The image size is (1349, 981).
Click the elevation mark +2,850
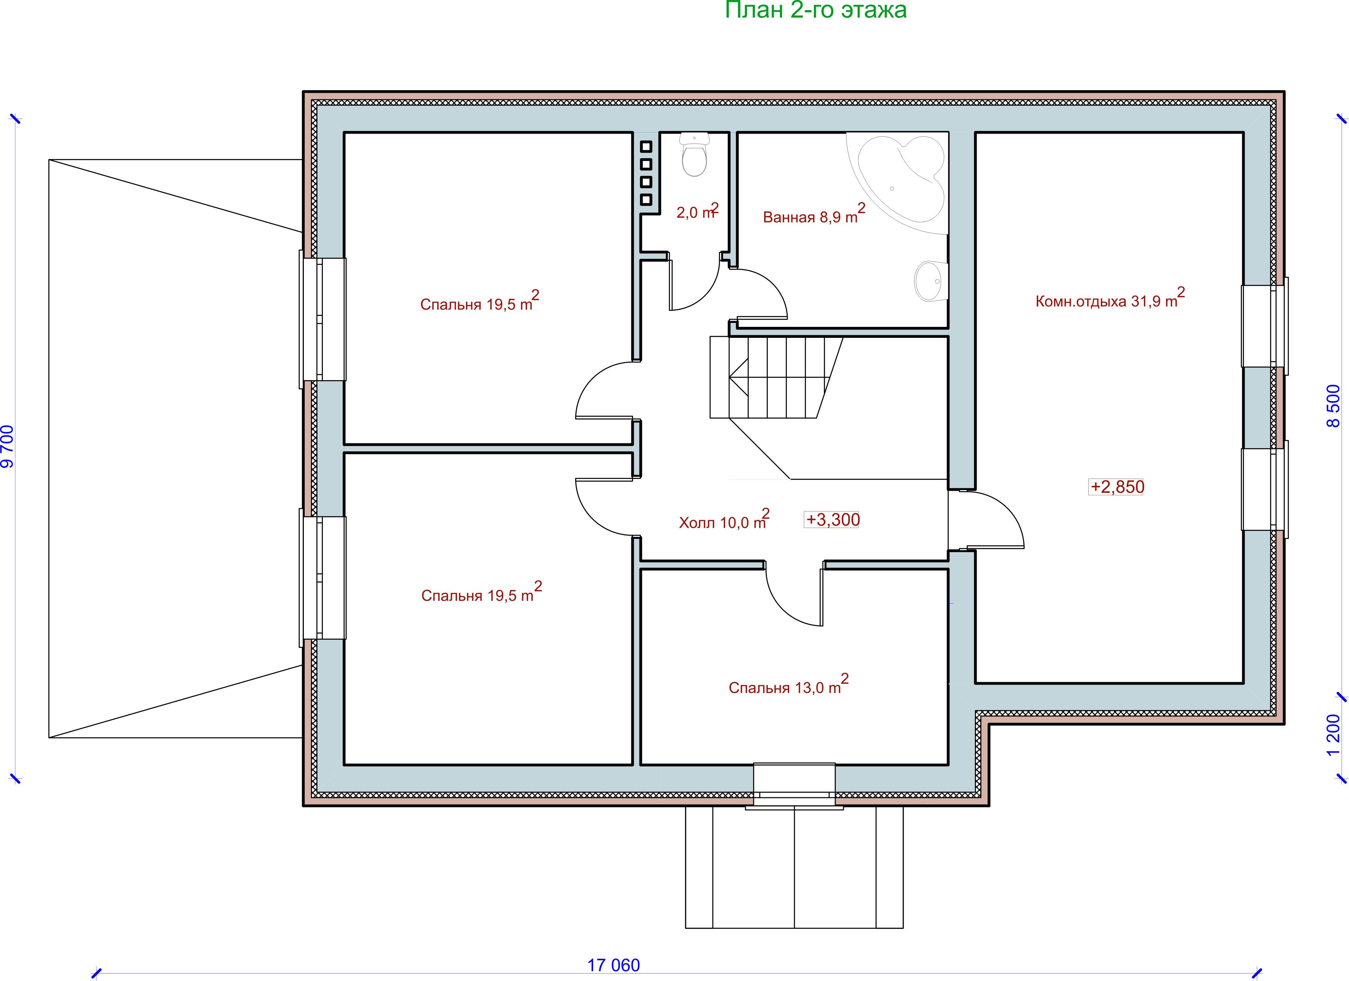[x=1116, y=487]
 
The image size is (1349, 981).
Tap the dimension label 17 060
[x=614, y=965]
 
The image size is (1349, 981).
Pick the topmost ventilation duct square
[x=646, y=146]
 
